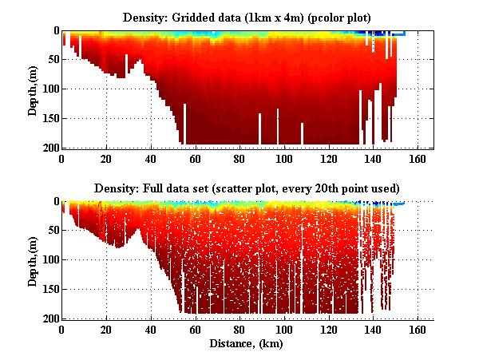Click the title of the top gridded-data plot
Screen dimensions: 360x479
coord(247,17)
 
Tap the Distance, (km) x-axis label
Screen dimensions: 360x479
coord(247,344)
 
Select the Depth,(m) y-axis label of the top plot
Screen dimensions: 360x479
coord(33,89)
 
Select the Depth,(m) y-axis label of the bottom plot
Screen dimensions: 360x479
coord(33,260)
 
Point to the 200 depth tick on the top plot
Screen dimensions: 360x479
coord(49,148)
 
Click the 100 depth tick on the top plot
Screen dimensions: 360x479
coord(49,89)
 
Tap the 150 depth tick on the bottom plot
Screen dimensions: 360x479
coord(49,290)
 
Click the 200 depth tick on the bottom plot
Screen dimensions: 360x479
coord(49,318)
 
